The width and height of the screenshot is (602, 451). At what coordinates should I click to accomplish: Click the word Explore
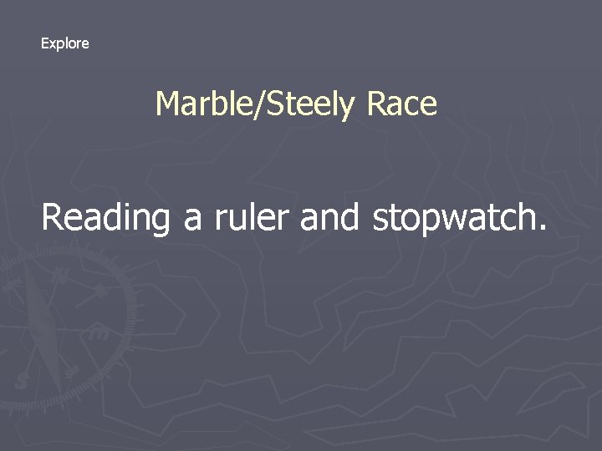tap(64, 43)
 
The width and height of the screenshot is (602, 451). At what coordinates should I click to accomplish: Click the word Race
tap(401, 104)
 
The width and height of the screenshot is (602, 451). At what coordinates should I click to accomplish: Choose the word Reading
tap(105, 218)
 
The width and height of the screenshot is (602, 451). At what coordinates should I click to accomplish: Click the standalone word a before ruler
tap(192, 220)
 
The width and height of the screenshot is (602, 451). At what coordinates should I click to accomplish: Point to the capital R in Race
tap(376, 104)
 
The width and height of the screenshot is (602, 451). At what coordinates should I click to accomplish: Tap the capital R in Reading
tap(54, 217)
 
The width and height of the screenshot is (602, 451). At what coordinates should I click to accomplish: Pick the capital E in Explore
tap(45, 43)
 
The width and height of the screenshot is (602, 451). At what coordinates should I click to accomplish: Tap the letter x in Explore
tap(54, 44)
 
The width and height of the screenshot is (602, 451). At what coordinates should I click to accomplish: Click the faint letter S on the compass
tap(21, 380)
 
